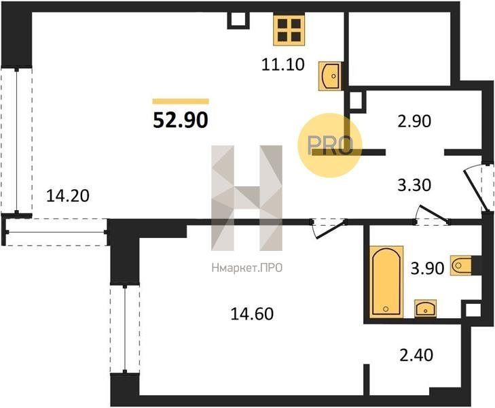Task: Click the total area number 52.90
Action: (181, 120)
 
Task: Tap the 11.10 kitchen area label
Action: (283, 65)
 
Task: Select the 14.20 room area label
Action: (68, 196)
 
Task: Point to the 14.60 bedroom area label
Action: (252, 314)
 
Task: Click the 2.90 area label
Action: (414, 121)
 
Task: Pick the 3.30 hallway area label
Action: (414, 185)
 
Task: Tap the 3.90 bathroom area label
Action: (428, 269)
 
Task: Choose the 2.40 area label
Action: (416, 355)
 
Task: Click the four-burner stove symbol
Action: (289, 30)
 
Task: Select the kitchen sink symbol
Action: (330, 76)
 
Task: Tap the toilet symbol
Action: (461, 265)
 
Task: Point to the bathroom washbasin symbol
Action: (425, 308)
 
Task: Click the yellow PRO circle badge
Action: (329, 146)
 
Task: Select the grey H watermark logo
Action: (247, 198)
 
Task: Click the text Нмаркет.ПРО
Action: (247, 269)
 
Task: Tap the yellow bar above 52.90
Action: (181, 101)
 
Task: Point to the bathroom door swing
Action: (433, 215)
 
